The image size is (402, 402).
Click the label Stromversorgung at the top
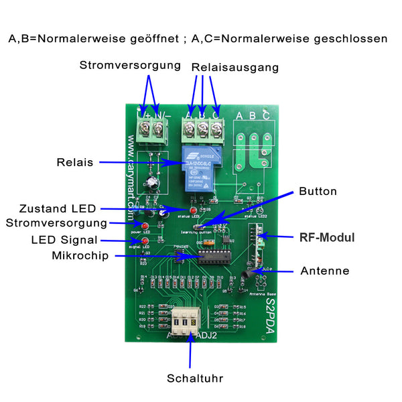(130, 66)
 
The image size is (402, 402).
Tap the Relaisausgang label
(234, 68)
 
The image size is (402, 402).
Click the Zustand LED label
(58, 208)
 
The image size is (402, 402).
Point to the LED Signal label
(64, 240)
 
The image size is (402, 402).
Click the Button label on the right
(318, 191)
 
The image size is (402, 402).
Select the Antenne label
(325, 271)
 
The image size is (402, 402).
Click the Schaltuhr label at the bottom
(196, 379)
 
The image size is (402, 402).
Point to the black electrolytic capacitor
(155, 182)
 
